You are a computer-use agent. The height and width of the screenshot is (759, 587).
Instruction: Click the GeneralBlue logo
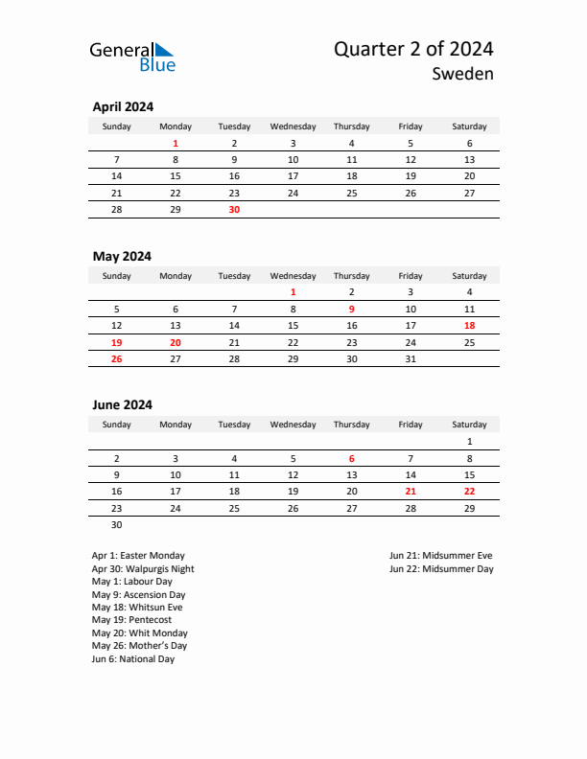132,57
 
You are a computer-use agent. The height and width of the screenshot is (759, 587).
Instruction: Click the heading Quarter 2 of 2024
413,49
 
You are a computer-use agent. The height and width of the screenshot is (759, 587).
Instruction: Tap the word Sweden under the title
462,74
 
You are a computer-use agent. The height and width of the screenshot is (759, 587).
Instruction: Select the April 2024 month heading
123,107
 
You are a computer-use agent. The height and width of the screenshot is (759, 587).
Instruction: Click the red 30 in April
234,209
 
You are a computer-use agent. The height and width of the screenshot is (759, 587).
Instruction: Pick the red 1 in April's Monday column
176,144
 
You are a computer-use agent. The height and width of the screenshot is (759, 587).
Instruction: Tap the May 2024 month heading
122,256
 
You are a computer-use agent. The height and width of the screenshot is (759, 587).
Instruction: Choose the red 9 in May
352,310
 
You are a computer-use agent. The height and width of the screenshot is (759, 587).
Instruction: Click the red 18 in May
469,326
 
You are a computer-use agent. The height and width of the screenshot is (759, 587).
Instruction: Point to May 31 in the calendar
411,358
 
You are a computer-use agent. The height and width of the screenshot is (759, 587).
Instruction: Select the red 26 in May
117,358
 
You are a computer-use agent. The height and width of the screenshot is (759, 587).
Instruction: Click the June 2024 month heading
122,404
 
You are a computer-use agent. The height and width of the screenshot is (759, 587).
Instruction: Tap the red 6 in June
352,458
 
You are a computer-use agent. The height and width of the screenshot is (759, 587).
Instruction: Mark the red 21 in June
411,491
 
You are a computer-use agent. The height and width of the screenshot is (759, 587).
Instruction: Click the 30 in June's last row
117,524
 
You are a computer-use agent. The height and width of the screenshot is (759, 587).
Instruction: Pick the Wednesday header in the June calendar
293,425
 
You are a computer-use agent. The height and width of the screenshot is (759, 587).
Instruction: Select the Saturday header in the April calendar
469,126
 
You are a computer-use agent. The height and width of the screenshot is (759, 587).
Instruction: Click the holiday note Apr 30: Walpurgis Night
143,568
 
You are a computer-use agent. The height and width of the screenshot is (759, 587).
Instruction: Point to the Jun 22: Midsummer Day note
441,568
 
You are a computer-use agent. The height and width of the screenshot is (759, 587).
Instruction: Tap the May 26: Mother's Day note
140,646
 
